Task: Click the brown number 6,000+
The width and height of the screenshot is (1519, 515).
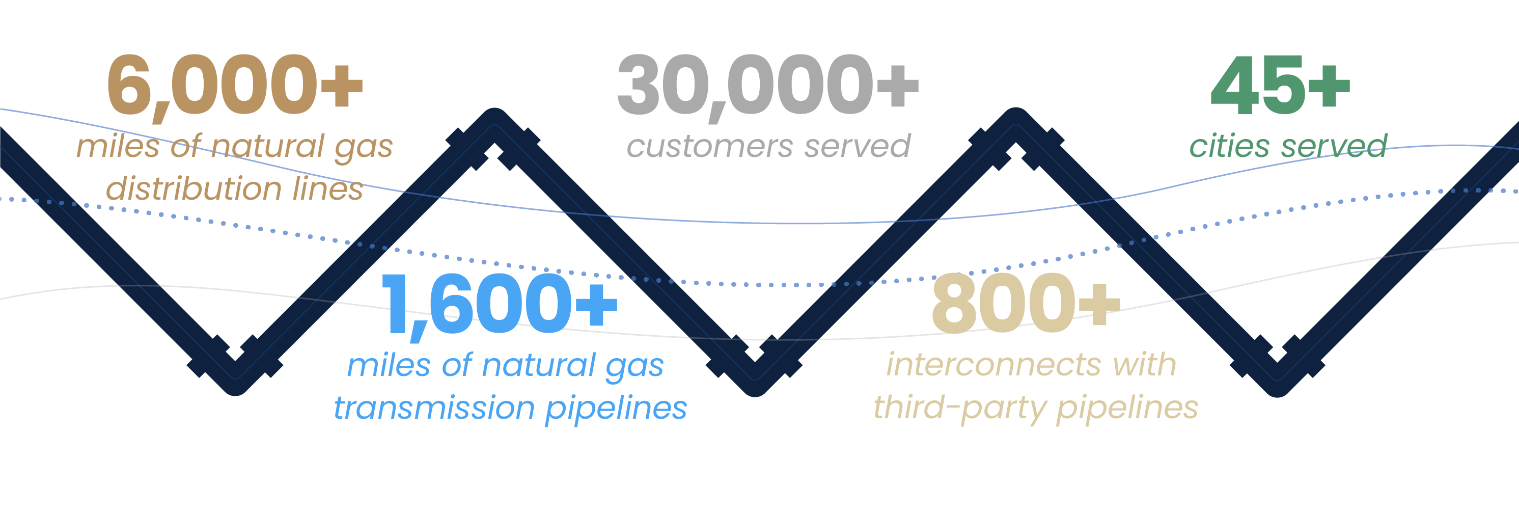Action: pos(235,86)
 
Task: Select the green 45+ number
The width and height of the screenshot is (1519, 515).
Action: pos(1280,86)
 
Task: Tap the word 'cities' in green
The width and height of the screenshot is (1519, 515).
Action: pos(1229,146)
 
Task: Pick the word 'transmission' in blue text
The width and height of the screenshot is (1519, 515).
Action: pos(433,408)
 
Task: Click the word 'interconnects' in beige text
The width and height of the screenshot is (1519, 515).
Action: pos(993,365)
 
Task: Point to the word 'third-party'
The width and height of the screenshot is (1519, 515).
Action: pos(959,408)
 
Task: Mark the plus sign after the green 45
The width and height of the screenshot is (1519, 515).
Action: pos(1329,86)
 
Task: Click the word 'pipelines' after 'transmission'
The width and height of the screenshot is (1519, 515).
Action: pos(616,408)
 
